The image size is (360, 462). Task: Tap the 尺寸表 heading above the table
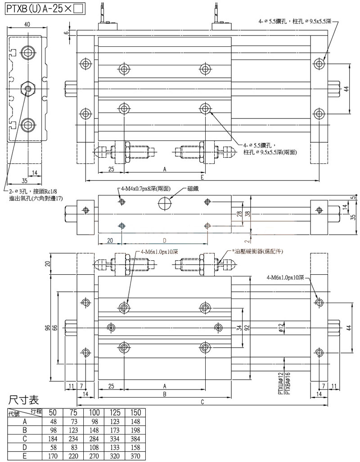pos(23,399)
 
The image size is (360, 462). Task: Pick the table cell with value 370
pos(135,455)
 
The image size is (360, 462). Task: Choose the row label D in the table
pos(25,447)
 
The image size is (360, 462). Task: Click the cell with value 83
pos(73,447)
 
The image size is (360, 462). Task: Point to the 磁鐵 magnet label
pos(193,188)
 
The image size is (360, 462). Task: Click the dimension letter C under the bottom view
pos(202,402)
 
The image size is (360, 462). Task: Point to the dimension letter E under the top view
pos(202,177)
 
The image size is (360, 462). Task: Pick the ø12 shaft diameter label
pos(280,328)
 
